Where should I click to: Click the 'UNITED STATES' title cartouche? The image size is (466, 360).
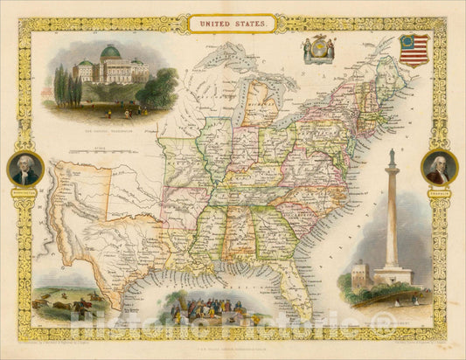pyautogui.click(x=232, y=24)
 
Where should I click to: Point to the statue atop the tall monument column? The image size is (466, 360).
pyautogui.click(x=393, y=157)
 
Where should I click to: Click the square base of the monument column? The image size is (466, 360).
pyautogui.click(x=393, y=275)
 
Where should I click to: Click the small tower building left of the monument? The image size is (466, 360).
pyautogui.click(x=358, y=278)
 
